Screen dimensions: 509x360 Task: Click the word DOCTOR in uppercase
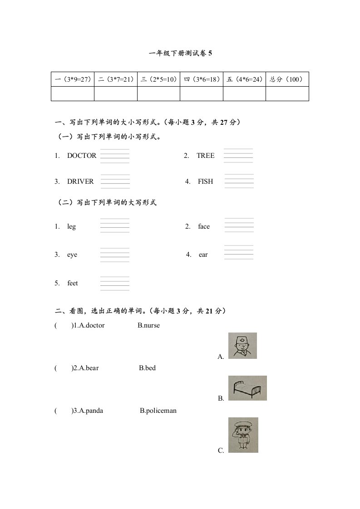pyautogui.click(x=82, y=156)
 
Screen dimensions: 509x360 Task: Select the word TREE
pyautogui.click(x=206, y=156)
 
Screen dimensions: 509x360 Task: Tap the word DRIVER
pyautogui.click(x=80, y=181)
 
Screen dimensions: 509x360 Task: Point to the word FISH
pyautogui.click(x=205, y=181)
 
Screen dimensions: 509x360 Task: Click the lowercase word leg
pyautogui.click(x=72, y=226)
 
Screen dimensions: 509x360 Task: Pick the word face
pyautogui.click(x=204, y=226)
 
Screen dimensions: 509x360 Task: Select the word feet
pyautogui.click(x=73, y=283)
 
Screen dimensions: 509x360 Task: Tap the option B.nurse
pyautogui.click(x=149, y=325)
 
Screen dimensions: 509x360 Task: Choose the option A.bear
pyautogui.click(x=86, y=368)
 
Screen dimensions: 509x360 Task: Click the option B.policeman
pyautogui.click(x=158, y=411)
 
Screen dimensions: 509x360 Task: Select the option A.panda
pyautogui.click(x=88, y=411)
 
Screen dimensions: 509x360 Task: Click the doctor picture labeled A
pyautogui.click(x=242, y=346)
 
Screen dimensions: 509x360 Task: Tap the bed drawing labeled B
pyautogui.click(x=247, y=388)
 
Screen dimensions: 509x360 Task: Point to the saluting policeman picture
pyautogui.click(x=243, y=435)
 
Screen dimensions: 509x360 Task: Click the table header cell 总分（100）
pyautogui.click(x=287, y=79)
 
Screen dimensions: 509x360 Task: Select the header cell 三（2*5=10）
pyautogui.click(x=158, y=79)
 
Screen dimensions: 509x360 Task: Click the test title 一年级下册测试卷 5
pyautogui.click(x=180, y=53)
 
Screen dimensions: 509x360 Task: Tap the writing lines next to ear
pyautogui.click(x=239, y=252)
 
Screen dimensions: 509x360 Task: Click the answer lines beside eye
pyautogui.click(x=114, y=255)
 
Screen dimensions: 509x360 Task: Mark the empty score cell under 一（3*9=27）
pyautogui.click(x=73, y=93)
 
